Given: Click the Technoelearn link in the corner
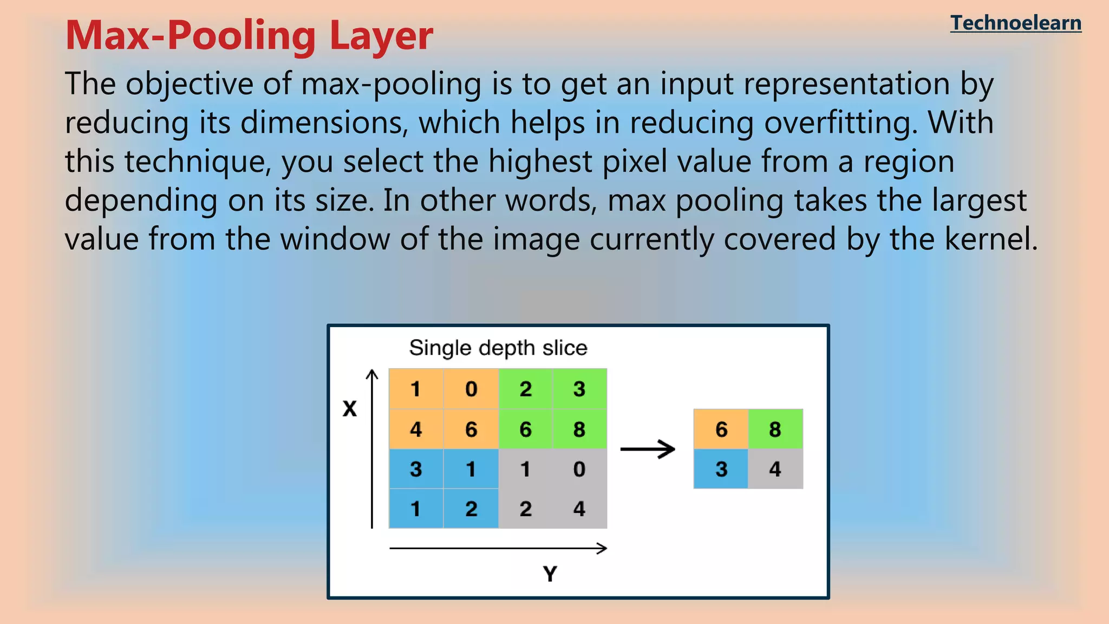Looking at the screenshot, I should point(1015,23).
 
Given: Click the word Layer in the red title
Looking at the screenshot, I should point(381,36).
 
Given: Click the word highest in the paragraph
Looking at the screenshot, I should point(540,162).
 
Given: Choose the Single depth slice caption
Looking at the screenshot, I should point(498,348).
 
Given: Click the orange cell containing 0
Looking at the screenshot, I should point(471,389).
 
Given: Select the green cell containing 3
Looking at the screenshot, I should point(579,389).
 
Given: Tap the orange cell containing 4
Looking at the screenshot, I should point(416,429).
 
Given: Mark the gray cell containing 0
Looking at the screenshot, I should point(579,469).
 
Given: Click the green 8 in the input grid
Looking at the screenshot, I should point(579,429).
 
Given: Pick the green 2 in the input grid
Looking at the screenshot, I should point(525,389).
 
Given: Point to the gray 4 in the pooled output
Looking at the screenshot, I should point(775,469).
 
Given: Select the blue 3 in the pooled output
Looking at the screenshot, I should point(721,469).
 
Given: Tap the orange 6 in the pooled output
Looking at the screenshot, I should point(721,429).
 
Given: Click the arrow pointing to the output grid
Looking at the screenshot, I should point(648,449).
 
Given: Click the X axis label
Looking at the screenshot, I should point(350,409).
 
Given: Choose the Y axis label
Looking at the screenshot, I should point(550,574).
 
